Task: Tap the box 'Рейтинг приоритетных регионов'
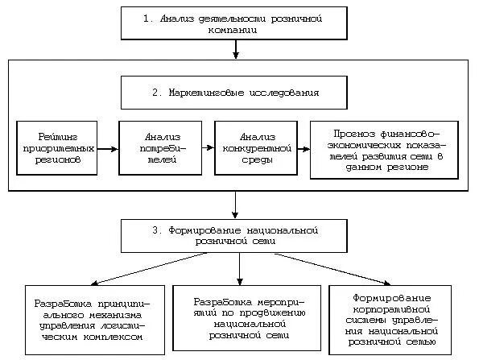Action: pyautogui.click(x=56, y=148)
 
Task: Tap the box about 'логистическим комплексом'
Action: pyautogui.click(x=89, y=320)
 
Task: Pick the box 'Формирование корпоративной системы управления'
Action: pyautogui.click(x=394, y=320)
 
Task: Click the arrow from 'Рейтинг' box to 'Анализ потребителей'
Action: pyautogui.click(x=107, y=148)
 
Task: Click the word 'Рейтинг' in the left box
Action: pyautogui.click(x=56, y=136)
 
